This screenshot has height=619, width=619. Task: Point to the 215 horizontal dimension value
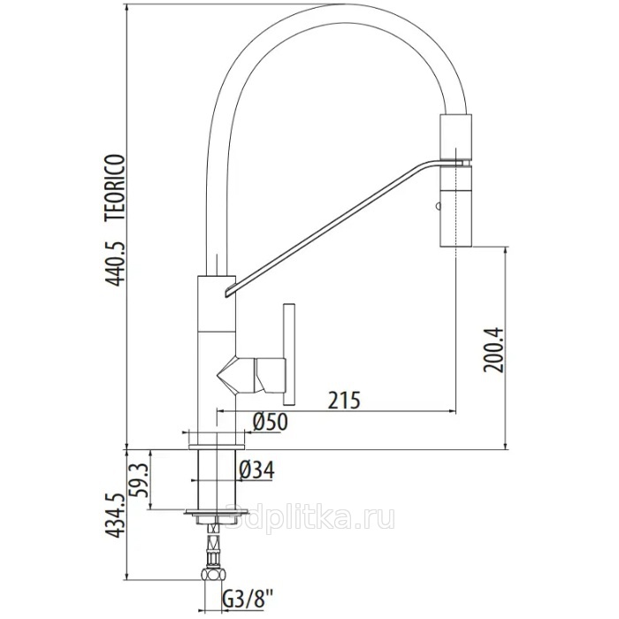[x=344, y=401]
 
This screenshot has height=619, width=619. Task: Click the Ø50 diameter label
[x=270, y=421]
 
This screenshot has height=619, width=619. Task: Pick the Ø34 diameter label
[x=256, y=470]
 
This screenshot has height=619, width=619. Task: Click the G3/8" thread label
[x=248, y=604]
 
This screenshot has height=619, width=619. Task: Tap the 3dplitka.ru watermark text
[x=310, y=518]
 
